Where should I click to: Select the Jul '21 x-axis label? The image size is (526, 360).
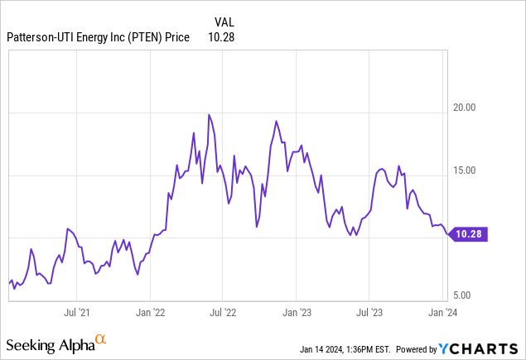tap(76, 314)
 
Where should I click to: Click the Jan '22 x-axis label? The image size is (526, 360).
tap(150, 314)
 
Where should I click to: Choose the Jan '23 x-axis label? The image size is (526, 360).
tap(297, 314)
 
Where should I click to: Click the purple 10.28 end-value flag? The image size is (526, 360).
tap(470, 235)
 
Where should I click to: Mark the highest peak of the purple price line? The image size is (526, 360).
tap(209, 114)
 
